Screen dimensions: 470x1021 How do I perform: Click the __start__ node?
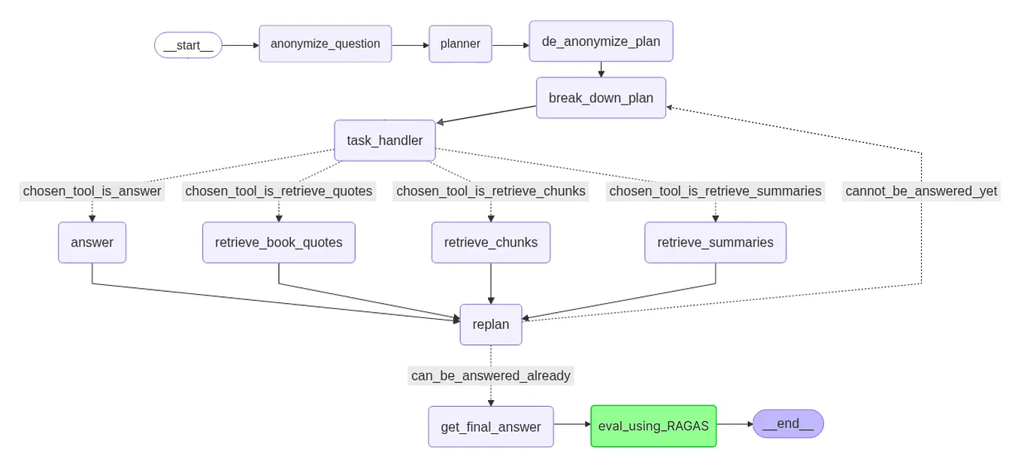pos(188,45)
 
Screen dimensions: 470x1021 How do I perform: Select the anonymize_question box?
pos(325,44)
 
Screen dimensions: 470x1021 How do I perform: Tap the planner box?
pos(460,44)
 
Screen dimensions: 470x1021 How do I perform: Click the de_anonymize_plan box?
pos(601,41)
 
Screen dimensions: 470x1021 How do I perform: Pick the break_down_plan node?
pos(601,98)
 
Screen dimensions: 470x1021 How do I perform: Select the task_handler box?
pos(384,141)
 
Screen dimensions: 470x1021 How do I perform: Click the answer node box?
pos(92,242)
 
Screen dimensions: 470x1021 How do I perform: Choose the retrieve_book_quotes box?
pos(278,242)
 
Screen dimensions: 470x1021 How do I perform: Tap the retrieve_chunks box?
pos(490,242)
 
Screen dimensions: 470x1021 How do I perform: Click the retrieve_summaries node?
pos(715,242)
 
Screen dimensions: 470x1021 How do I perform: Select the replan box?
pos(490,324)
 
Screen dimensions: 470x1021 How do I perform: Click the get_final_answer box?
pos(490,426)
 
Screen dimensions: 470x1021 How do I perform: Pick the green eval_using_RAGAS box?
pos(653,426)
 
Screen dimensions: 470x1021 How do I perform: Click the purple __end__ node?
pos(787,423)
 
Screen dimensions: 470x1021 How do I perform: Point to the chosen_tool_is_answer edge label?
pos(92,191)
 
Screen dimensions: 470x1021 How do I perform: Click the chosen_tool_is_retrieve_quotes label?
pos(278,191)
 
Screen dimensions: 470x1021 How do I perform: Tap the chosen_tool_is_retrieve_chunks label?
pos(490,191)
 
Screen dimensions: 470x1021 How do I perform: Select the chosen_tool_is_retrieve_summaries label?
pos(715,191)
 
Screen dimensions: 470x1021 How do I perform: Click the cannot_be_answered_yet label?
pos(921,191)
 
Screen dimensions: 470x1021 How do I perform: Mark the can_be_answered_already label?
pos(490,375)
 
